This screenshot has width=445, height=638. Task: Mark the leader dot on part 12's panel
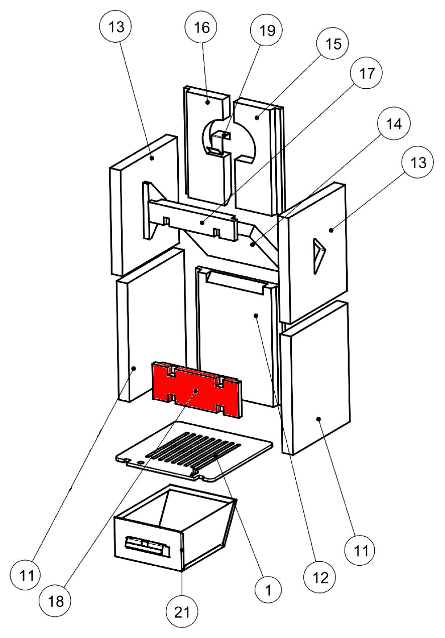coord(256,315)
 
